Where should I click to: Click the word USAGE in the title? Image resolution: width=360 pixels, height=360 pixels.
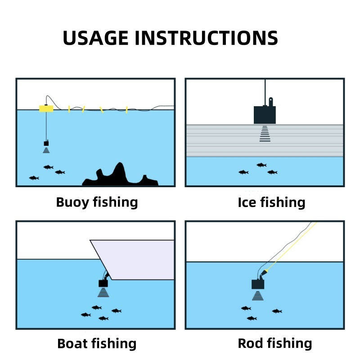pos(95,38)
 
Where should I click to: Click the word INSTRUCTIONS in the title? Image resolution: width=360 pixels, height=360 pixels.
pos(207,38)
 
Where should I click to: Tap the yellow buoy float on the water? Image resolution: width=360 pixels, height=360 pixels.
pos(46,108)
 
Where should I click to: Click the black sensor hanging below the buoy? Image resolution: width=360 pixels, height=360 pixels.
pos(46,143)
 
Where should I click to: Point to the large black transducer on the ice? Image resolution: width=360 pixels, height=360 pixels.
pos(265,115)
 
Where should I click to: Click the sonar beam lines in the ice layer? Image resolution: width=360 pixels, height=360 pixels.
pos(265,134)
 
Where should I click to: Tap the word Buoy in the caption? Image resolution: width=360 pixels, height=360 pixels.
pos(72,202)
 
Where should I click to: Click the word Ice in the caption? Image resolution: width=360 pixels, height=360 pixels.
pos(247,202)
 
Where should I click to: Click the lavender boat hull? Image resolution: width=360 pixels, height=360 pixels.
pos(135,260)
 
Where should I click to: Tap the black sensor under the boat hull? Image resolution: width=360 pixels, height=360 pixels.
pos(103,283)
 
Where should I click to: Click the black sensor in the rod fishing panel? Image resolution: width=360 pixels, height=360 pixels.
pos(258,284)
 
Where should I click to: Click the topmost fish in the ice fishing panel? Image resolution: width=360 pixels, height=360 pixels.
pos(261,165)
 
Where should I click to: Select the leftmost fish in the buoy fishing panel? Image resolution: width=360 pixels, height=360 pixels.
pos(34,178)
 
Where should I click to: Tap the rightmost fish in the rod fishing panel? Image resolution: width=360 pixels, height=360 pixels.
pos(277,311)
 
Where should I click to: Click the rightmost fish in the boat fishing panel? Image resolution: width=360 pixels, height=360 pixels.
pos(117,311)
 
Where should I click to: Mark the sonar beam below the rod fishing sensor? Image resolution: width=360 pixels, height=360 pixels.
pos(257,296)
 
